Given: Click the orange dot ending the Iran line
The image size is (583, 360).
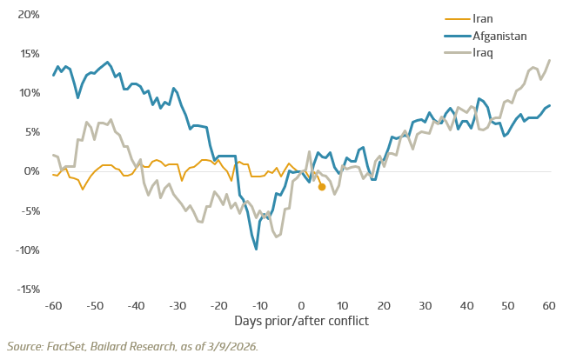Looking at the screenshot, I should tap(322, 187).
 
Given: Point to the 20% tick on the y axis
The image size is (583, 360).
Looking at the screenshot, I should tap(28, 15).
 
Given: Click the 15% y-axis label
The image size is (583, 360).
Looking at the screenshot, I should tap(28, 54).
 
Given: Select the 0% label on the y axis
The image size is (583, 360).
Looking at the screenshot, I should tap(31, 171).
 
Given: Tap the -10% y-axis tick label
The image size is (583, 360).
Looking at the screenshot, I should tap(26, 250).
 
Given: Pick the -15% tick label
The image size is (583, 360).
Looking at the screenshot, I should tap(26, 289).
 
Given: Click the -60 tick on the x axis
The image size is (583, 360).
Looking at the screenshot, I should tap(53, 306).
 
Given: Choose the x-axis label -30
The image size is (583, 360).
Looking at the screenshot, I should tap(177, 306).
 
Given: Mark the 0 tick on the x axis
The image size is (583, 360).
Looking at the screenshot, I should tap(301, 306).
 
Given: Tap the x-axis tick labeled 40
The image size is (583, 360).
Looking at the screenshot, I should tap(466, 306).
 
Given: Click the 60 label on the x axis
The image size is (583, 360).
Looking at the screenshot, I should tap(549, 306).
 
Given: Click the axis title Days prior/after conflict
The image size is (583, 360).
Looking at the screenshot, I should tap(301, 321).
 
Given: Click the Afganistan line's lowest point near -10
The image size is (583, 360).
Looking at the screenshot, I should tap(257, 249).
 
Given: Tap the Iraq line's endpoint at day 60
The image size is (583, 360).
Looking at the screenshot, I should tap(549, 60).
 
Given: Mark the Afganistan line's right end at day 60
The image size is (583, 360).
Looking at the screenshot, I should tap(549, 105).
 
